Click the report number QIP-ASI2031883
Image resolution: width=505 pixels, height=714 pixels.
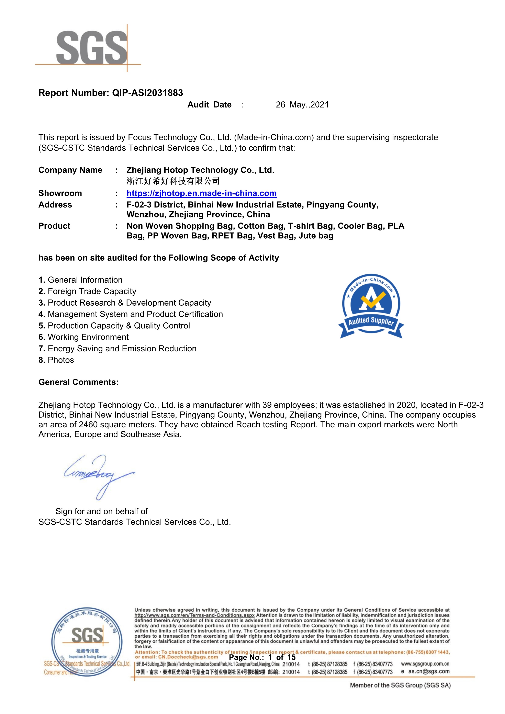pyautogui.click(x=147, y=93)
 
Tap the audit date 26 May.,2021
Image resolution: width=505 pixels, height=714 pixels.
pyautogui.click(x=302, y=105)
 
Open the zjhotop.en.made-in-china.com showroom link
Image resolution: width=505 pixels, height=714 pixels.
pyautogui.click(x=202, y=193)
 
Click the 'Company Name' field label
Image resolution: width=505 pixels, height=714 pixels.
pyautogui.click(x=70, y=170)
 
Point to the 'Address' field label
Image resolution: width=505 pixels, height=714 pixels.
pyautogui.click(x=55, y=205)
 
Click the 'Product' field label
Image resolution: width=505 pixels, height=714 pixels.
pyautogui.click(x=54, y=226)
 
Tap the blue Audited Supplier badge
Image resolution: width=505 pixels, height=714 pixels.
pyautogui.click(x=371, y=306)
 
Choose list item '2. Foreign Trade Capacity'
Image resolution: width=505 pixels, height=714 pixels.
pyautogui.click(x=87, y=291)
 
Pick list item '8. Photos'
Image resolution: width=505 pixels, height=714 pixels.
pyautogui.click(x=56, y=360)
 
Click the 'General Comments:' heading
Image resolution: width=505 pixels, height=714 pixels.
pyautogui.click(x=78, y=382)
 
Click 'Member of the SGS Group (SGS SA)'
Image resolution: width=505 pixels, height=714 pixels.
pyautogui.click(x=400, y=685)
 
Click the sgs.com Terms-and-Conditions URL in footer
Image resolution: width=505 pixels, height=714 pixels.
pyautogui.click(x=194, y=615)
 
